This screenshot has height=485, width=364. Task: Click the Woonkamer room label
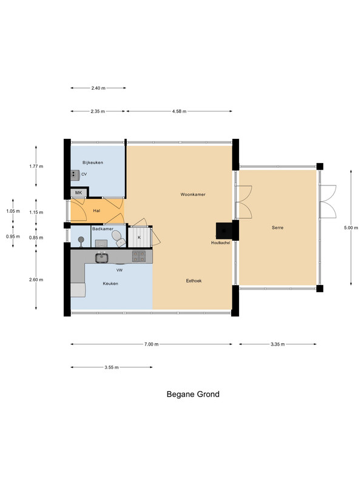(193, 194)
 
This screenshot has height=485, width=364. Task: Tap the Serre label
(277, 227)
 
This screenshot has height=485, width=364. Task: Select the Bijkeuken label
(93, 162)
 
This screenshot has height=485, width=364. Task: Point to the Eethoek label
(194, 281)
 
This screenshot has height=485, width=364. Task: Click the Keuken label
(110, 283)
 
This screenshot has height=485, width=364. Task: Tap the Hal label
(96, 210)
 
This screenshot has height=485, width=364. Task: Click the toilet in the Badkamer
(118, 238)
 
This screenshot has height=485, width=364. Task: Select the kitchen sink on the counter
(101, 257)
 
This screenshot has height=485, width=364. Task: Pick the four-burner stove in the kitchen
(139, 256)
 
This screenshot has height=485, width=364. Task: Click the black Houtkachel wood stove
(224, 230)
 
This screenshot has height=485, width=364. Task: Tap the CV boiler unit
(75, 175)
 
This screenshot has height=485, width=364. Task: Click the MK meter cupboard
(79, 193)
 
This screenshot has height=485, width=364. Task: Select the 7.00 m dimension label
(151, 344)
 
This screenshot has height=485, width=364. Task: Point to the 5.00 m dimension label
(351, 228)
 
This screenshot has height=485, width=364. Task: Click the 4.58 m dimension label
(179, 112)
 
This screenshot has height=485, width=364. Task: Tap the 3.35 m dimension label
(278, 344)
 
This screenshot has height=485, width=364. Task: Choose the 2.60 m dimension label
(36, 279)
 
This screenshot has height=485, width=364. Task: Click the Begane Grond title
(193, 394)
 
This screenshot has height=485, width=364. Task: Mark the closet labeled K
(140, 237)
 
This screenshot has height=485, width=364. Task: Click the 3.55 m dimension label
(112, 367)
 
